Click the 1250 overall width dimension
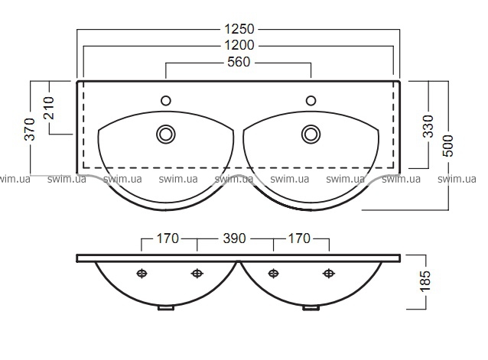(x=239, y=29)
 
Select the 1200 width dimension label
(x=239, y=45)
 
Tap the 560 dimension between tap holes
(x=239, y=62)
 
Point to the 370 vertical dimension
(x=30, y=129)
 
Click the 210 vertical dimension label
(x=49, y=108)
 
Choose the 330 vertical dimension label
(x=428, y=126)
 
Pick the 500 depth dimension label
(x=448, y=145)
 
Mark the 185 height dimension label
(x=425, y=281)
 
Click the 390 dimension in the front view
(x=235, y=238)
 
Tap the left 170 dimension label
(x=168, y=238)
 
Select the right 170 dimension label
(x=299, y=238)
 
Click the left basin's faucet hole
(x=165, y=101)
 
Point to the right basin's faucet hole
(x=311, y=101)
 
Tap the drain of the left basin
(x=165, y=135)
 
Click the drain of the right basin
(x=311, y=135)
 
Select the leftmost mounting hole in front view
(x=142, y=274)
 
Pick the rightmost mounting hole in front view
(x=329, y=274)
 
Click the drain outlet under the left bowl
(x=165, y=308)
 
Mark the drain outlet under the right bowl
(x=311, y=308)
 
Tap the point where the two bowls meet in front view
(x=239, y=261)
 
